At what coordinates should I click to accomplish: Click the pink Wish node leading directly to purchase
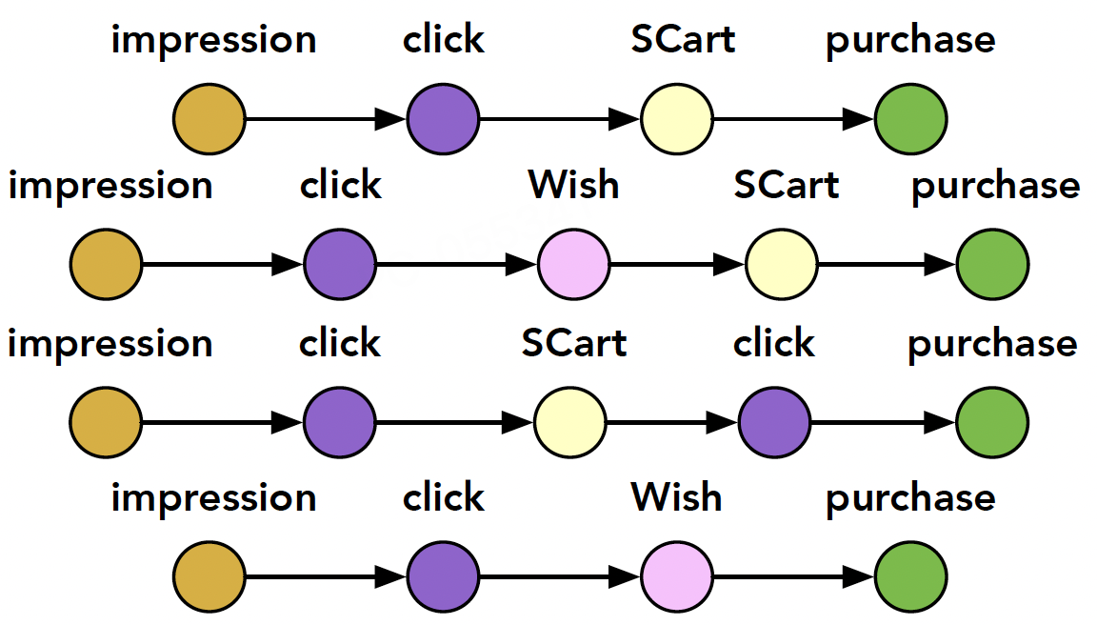pos(676,576)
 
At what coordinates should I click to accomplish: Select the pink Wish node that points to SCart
pos(573,265)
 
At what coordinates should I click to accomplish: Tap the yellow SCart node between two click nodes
pos(570,423)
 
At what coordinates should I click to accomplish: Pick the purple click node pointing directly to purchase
pos(774,423)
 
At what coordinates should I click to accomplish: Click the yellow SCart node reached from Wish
pos(782,265)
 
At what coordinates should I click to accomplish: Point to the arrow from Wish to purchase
pos(793,576)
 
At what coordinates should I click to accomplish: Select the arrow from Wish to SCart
pos(677,265)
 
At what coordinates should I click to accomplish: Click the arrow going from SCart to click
pos(672,423)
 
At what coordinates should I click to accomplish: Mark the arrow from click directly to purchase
pos(883,423)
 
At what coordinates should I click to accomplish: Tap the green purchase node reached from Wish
pos(911,576)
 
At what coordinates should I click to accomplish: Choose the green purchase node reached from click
pos(992,423)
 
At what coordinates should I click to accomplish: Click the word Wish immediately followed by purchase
pos(676,497)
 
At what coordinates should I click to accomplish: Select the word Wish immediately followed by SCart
pos(573,185)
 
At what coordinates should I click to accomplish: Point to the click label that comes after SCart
pos(774,343)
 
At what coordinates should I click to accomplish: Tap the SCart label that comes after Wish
pos(787,185)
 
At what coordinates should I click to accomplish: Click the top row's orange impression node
pos(209,119)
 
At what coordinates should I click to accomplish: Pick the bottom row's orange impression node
pos(209,576)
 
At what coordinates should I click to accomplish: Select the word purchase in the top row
pos(910,41)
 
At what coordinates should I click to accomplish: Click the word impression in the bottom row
pos(213,498)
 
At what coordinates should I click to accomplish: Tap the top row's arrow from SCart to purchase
pos(793,119)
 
